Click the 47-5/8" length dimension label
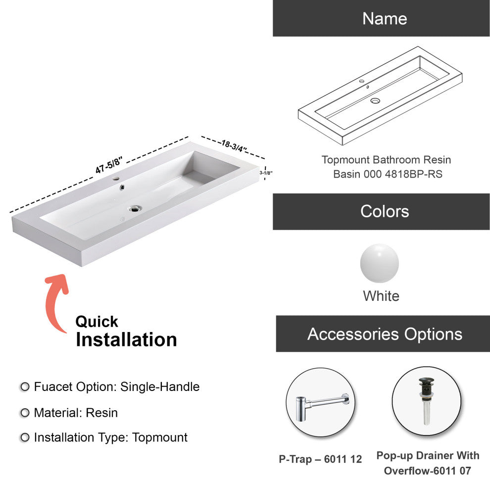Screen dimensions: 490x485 [x=109, y=165]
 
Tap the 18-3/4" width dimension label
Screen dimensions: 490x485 [x=234, y=146]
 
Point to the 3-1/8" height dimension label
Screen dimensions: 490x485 [x=266, y=173]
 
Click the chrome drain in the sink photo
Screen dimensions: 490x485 [x=135, y=208]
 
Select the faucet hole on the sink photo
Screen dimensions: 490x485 [x=116, y=179]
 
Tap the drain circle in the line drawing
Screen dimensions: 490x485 [x=375, y=100]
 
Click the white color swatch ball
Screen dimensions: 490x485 [x=379, y=263]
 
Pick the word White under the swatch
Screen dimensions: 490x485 [x=381, y=296]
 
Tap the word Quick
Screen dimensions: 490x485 [x=97, y=322]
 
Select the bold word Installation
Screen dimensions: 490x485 [x=126, y=339]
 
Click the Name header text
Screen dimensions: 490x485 [x=385, y=18]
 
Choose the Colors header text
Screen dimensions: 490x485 [x=385, y=211]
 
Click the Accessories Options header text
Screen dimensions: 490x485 [x=385, y=334]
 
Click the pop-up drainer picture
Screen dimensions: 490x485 [x=426, y=401]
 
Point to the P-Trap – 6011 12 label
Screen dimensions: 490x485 [x=320, y=459]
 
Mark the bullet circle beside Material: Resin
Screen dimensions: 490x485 [x=25, y=413]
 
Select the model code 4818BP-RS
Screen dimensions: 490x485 [x=413, y=174]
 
